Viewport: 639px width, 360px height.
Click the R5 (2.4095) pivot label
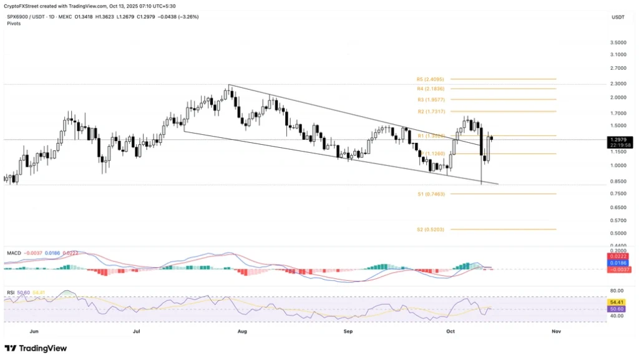[431, 79]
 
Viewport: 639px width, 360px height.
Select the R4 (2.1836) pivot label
[431, 89]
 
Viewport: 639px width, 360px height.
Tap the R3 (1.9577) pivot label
[431, 100]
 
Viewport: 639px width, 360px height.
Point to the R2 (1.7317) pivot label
[431, 111]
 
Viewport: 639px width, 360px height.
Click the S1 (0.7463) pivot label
[431, 194]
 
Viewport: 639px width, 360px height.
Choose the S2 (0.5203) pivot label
[431, 230]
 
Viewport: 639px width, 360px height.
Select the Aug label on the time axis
[242, 331]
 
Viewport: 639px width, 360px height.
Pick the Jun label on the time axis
[34, 331]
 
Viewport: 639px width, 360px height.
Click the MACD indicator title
[15, 253]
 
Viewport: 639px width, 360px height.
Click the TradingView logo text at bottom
[36, 348]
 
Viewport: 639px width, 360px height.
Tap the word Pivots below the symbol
[14, 23]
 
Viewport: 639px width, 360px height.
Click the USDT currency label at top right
[618, 17]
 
